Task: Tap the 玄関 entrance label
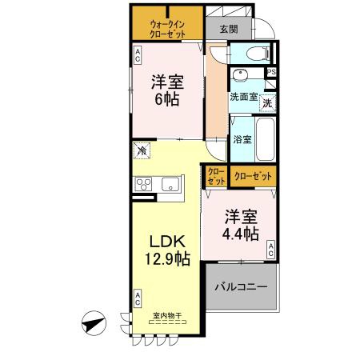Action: pyautogui.click(x=228, y=30)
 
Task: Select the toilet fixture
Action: pyautogui.click(x=258, y=54)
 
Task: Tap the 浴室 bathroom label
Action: pyautogui.click(x=242, y=139)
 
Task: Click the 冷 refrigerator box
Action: pyautogui.click(x=142, y=150)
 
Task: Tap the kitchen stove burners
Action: pyautogui.click(x=144, y=185)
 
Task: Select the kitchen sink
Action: pyautogui.click(x=172, y=185)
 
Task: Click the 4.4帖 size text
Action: pyautogui.click(x=240, y=233)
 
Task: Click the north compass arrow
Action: pyautogui.click(x=94, y=326)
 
